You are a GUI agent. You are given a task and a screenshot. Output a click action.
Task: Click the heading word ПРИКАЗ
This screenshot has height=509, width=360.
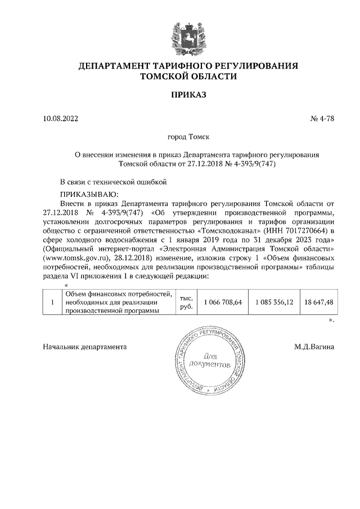coord(188,94)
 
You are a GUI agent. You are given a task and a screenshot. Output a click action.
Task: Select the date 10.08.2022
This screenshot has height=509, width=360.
coord(61,119)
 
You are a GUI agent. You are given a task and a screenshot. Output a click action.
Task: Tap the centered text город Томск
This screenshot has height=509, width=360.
coord(188,137)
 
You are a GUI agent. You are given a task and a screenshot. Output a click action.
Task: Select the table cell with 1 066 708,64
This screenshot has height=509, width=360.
coord(223,302)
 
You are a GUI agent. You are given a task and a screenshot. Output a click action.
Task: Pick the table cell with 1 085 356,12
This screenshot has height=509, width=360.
coord(274,302)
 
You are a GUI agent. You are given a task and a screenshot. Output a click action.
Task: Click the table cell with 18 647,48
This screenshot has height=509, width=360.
coord(318,302)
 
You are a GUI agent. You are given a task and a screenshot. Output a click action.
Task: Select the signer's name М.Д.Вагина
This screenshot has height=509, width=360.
coord(314,347)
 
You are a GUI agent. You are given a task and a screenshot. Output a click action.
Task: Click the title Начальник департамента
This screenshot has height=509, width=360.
coord(85,347)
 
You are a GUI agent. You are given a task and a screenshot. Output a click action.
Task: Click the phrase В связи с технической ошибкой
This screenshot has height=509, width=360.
coord(114,182)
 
